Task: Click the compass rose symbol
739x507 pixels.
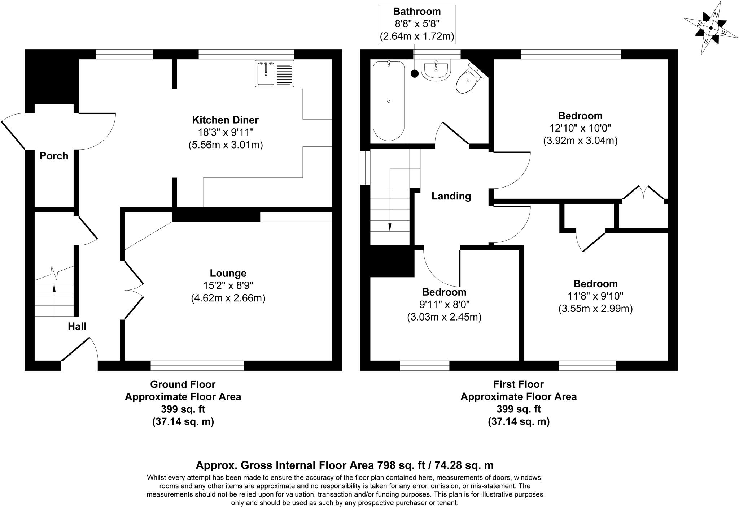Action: point(710,28)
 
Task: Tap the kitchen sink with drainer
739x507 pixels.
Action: point(275,74)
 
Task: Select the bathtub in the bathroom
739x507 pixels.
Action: point(388,101)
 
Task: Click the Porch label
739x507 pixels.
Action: point(54,156)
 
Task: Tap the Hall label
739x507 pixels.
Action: point(77,327)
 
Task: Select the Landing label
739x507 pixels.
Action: point(451,196)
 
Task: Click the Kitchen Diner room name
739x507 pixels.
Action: point(225,120)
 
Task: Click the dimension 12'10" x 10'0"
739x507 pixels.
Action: point(580,128)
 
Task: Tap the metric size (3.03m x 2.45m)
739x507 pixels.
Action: point(444,317)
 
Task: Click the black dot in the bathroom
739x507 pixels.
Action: point(415,74)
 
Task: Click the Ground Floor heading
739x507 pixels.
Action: point(183,384)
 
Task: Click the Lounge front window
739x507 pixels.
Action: point(197,365)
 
